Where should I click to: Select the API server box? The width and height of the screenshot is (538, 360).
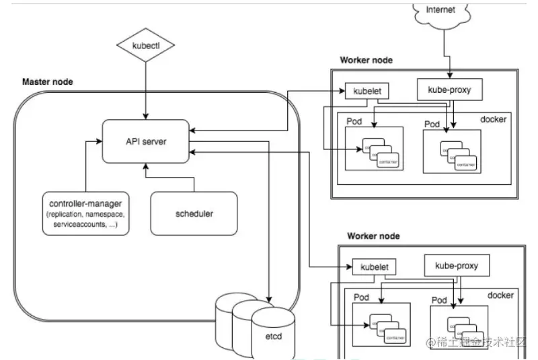point(145,141)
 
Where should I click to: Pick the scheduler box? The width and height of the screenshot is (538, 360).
point(194,213)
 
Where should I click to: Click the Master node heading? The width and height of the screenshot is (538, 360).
point(48,82)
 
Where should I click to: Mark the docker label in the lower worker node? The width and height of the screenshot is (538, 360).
point(500,295)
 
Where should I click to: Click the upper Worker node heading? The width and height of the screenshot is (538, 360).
point(367,60)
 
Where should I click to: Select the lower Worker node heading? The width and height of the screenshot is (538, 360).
point(373,236)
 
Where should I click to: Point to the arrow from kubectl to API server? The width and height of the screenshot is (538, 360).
point(145,87)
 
